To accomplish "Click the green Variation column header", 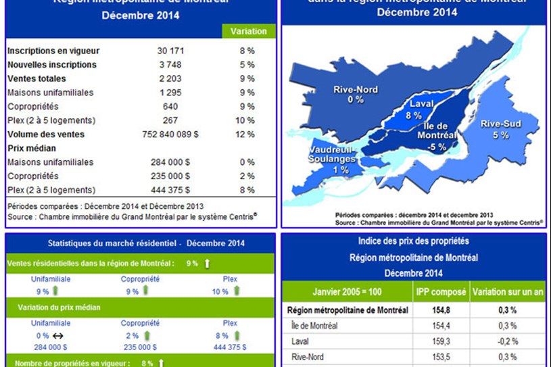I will point(249,32).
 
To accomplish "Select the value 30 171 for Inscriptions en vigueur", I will point(171,51).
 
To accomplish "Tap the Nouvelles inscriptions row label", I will point(51,65).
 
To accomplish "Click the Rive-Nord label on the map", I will point(356,90).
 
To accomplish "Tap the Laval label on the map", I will point(421,104).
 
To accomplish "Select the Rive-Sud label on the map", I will point(500,124).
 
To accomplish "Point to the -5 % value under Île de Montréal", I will point(438,147).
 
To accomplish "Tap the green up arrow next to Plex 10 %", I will point(236,291).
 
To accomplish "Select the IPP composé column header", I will point(440,292).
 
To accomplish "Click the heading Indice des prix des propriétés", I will point(413,241).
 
